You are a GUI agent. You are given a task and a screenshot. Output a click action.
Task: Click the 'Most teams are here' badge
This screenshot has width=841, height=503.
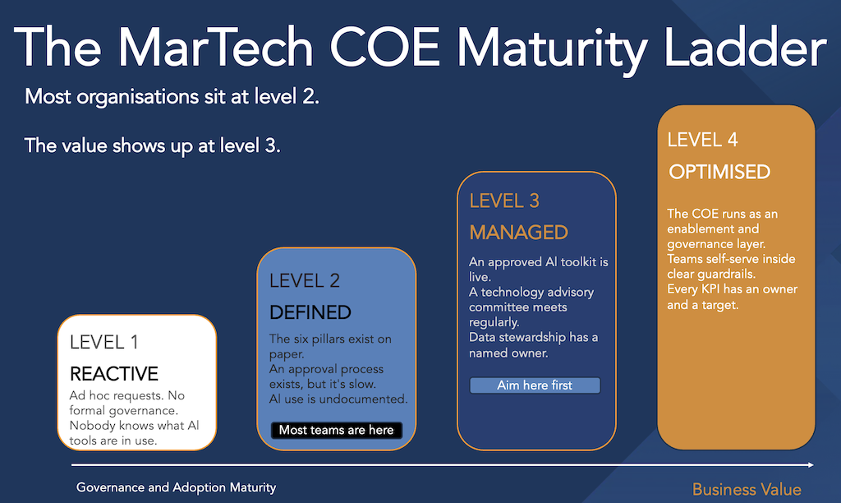336,430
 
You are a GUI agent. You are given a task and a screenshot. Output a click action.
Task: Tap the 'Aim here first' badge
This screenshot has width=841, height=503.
535,385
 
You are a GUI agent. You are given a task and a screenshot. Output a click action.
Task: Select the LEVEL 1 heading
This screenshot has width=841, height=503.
104,342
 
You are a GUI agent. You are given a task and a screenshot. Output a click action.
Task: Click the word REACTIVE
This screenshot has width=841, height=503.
114,374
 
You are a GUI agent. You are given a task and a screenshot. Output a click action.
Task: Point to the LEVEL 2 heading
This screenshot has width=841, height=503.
305,281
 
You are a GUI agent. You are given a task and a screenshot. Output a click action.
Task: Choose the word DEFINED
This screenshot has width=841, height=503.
310,312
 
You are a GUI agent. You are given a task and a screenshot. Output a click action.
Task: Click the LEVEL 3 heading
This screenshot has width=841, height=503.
504,201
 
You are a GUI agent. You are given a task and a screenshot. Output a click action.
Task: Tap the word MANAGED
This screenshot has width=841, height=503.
519,233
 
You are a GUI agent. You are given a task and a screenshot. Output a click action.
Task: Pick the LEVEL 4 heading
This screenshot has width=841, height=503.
703,140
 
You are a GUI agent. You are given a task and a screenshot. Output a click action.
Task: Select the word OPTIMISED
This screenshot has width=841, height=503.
719,173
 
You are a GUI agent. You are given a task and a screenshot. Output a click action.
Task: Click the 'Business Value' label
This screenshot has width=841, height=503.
747,490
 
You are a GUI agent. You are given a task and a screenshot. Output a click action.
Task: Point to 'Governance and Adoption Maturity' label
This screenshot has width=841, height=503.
176,487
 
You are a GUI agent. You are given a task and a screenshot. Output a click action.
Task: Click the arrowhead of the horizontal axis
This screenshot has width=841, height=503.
811,465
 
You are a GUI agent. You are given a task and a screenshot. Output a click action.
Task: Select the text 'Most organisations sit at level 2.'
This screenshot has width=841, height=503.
172,97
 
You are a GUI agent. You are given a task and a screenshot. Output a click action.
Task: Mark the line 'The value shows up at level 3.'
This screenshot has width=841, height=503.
152,146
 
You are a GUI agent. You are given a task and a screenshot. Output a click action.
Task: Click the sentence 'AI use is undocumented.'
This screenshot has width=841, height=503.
338,399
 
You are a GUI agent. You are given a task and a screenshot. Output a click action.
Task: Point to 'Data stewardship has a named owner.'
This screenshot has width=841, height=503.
533,345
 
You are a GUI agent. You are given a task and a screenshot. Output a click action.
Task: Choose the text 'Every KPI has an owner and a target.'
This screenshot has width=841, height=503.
732,297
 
